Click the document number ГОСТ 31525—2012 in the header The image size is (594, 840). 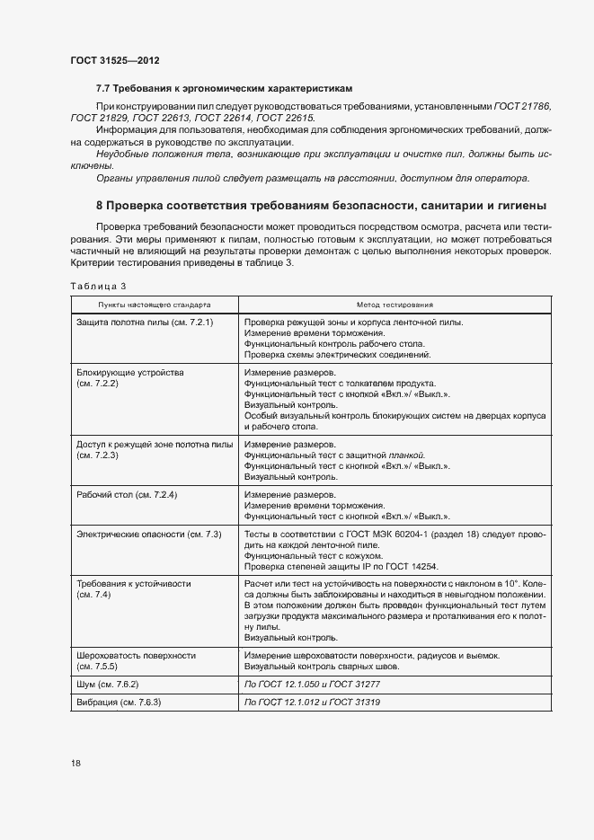115,60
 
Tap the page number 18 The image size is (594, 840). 75,764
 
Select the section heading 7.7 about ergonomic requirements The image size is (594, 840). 224,89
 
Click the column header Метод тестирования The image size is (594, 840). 395,305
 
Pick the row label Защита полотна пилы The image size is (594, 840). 145,321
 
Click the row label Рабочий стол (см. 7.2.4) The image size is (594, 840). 128,495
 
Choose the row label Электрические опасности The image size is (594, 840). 149,535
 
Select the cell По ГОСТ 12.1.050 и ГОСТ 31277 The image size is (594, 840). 314,685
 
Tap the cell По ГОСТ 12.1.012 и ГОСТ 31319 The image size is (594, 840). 314,702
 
